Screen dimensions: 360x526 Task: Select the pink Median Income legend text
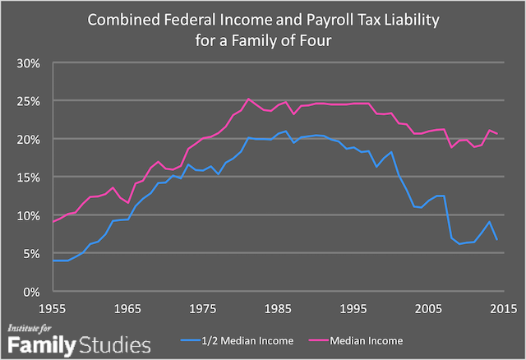[x=369, y=338]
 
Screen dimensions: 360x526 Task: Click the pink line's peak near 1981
[x=248, y=99]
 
